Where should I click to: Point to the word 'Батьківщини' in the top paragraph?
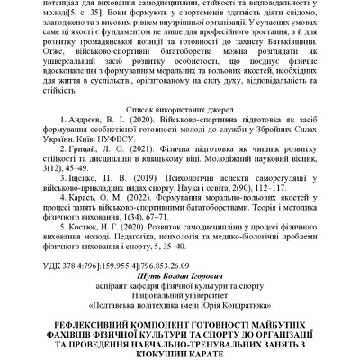pyautogui.click(x=302, y=40)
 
